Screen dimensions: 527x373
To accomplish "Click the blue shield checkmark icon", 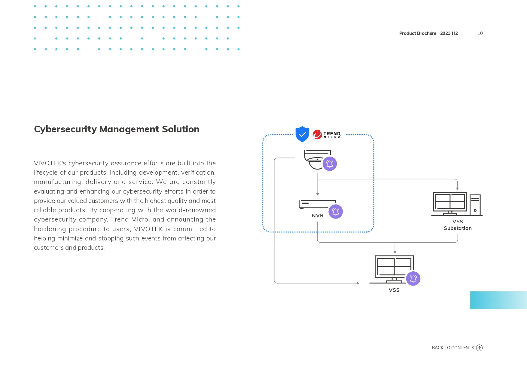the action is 302,134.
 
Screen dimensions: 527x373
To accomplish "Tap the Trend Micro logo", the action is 327,134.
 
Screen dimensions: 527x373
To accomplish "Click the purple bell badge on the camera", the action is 330,164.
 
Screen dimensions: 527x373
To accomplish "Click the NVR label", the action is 318,216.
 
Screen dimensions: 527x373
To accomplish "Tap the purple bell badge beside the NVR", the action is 336,212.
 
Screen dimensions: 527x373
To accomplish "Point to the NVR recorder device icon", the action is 317,204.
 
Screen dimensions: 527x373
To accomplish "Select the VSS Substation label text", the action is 458,225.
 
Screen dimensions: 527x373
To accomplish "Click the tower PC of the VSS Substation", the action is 475,205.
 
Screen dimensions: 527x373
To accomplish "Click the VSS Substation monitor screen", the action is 450,202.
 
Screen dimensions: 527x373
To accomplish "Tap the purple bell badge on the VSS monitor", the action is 413,279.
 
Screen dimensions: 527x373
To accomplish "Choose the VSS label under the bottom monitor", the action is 394,290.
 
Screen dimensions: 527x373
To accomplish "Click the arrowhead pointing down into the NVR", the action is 318,194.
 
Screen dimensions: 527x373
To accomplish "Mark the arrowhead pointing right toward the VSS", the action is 358,283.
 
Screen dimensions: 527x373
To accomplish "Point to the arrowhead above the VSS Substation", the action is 457,188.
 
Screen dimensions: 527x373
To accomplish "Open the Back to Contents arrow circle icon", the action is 480,348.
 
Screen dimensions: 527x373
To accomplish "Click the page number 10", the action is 480,33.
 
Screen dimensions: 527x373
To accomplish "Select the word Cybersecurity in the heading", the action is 65,129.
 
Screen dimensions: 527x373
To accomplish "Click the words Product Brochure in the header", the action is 418,33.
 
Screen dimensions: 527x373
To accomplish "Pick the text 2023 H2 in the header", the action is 449,33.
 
